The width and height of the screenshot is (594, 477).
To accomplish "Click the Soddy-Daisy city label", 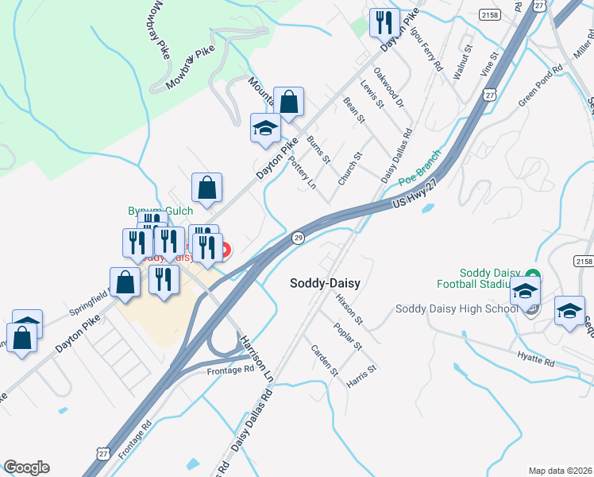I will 326,282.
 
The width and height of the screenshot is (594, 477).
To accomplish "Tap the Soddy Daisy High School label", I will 457,309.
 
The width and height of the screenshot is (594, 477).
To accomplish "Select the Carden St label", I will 325,360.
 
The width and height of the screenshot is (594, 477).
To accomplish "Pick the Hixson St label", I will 349,308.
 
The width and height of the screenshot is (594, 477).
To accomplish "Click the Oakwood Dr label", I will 389,91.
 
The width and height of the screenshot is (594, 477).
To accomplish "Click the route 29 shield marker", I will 298,238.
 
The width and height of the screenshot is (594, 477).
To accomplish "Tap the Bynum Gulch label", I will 161,211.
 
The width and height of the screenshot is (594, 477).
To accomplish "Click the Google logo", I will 26,467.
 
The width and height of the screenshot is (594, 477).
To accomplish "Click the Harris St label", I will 362,376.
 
